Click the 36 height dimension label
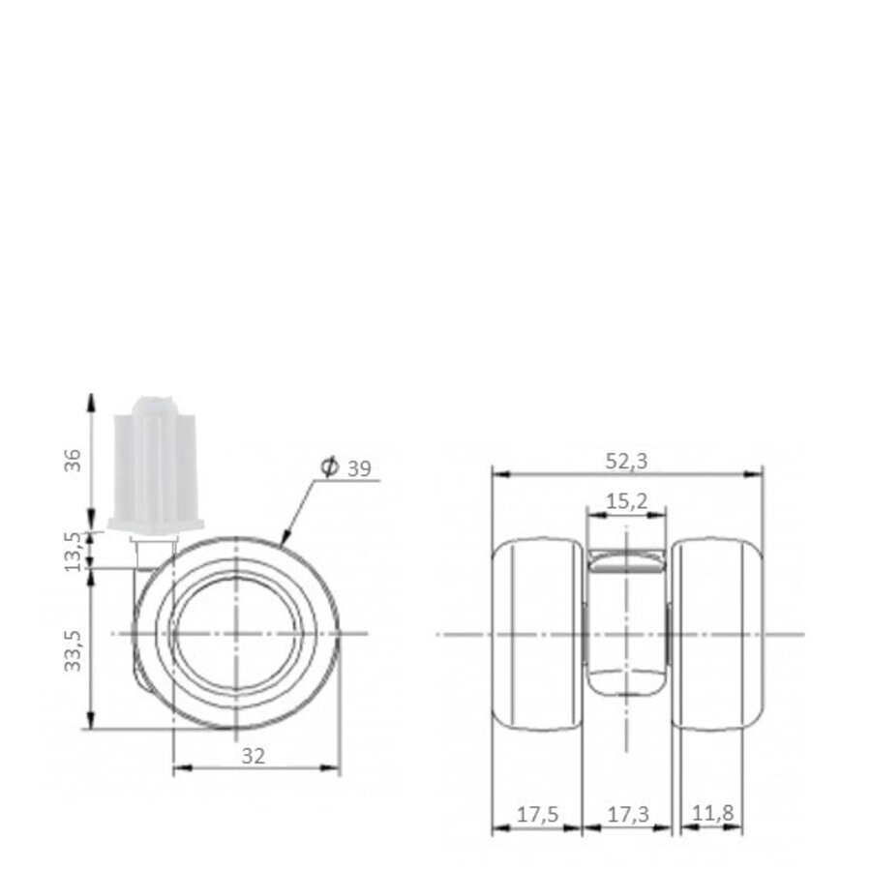coord(71,461)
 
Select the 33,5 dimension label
coord(71,647)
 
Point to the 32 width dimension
coord(254,756)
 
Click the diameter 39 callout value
coord(359,468)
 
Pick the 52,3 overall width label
coord(628,462)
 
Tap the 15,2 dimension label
coord(627,500)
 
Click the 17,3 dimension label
coord(629,814)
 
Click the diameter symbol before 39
coord(328,468)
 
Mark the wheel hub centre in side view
coord(238,634)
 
